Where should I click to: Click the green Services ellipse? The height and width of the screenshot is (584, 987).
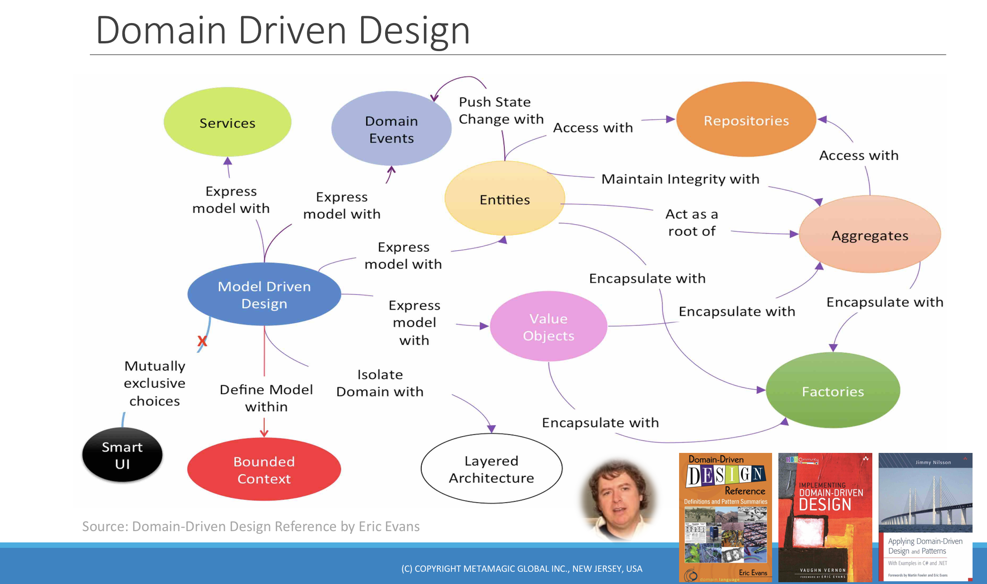[x=227, y=122]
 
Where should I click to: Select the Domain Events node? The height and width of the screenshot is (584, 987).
[x=391, y=129]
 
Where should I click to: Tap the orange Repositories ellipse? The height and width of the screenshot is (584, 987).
[x=746, y=120]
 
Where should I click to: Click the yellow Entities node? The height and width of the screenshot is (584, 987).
[x=504, y=199]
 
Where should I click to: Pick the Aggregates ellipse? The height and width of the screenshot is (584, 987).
[x=870, y=235]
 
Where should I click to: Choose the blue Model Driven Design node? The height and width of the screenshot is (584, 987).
[x=264, y=295]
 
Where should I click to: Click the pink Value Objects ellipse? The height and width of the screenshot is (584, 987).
[x=548, y=327]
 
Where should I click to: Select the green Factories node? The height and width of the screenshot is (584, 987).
[x=833, y=391]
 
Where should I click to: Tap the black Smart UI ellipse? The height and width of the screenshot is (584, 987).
[x=122, y=455]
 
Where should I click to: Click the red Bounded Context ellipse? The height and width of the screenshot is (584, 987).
[x=264, y=470]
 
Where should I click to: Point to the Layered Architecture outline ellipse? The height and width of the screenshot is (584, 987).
[x=491, y=469]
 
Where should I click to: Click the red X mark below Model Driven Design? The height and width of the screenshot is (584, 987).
[x=202, y=341]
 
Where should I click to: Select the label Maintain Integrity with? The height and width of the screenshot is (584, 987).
[x=680, y=179]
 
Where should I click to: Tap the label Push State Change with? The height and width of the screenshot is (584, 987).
[x=501, y=110]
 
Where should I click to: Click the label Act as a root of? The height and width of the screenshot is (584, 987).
[x=691, y=222]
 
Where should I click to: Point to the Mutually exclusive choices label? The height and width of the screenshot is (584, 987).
[x=154, y=383]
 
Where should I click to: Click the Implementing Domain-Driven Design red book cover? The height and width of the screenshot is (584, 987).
[x=825, y=517]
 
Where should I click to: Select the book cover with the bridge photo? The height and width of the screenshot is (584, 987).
[x=925, y=517]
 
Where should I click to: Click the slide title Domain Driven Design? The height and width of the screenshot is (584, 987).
[x=283, y=30]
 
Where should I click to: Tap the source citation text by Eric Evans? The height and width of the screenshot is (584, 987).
[x=251, y=526]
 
